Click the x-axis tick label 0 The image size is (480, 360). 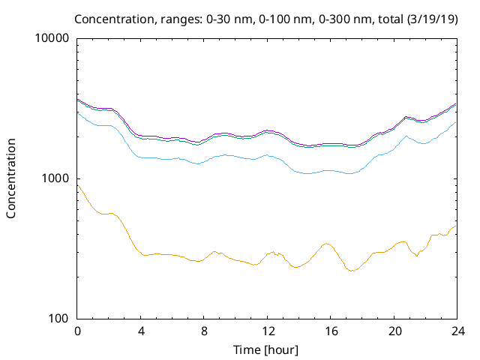[x=77, y=331]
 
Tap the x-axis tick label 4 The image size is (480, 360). [x=140, y=331]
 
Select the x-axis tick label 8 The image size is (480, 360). [x=204, y=331]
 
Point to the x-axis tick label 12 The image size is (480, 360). [x=267, y=331]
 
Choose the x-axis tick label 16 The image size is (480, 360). [x=330, y=331]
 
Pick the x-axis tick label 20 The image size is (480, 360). [x=393, y=331]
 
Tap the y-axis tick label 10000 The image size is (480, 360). [x=52, y=38]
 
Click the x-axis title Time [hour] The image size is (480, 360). [x=267, y=349]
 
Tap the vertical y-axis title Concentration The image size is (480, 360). [x=11, y=178]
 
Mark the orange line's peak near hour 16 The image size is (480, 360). [x=326, y=243]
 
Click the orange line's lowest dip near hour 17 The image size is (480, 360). [x=350, y=271]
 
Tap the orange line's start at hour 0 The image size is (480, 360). [x=78, y=184]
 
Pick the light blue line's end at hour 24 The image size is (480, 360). [x=456, y=122]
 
